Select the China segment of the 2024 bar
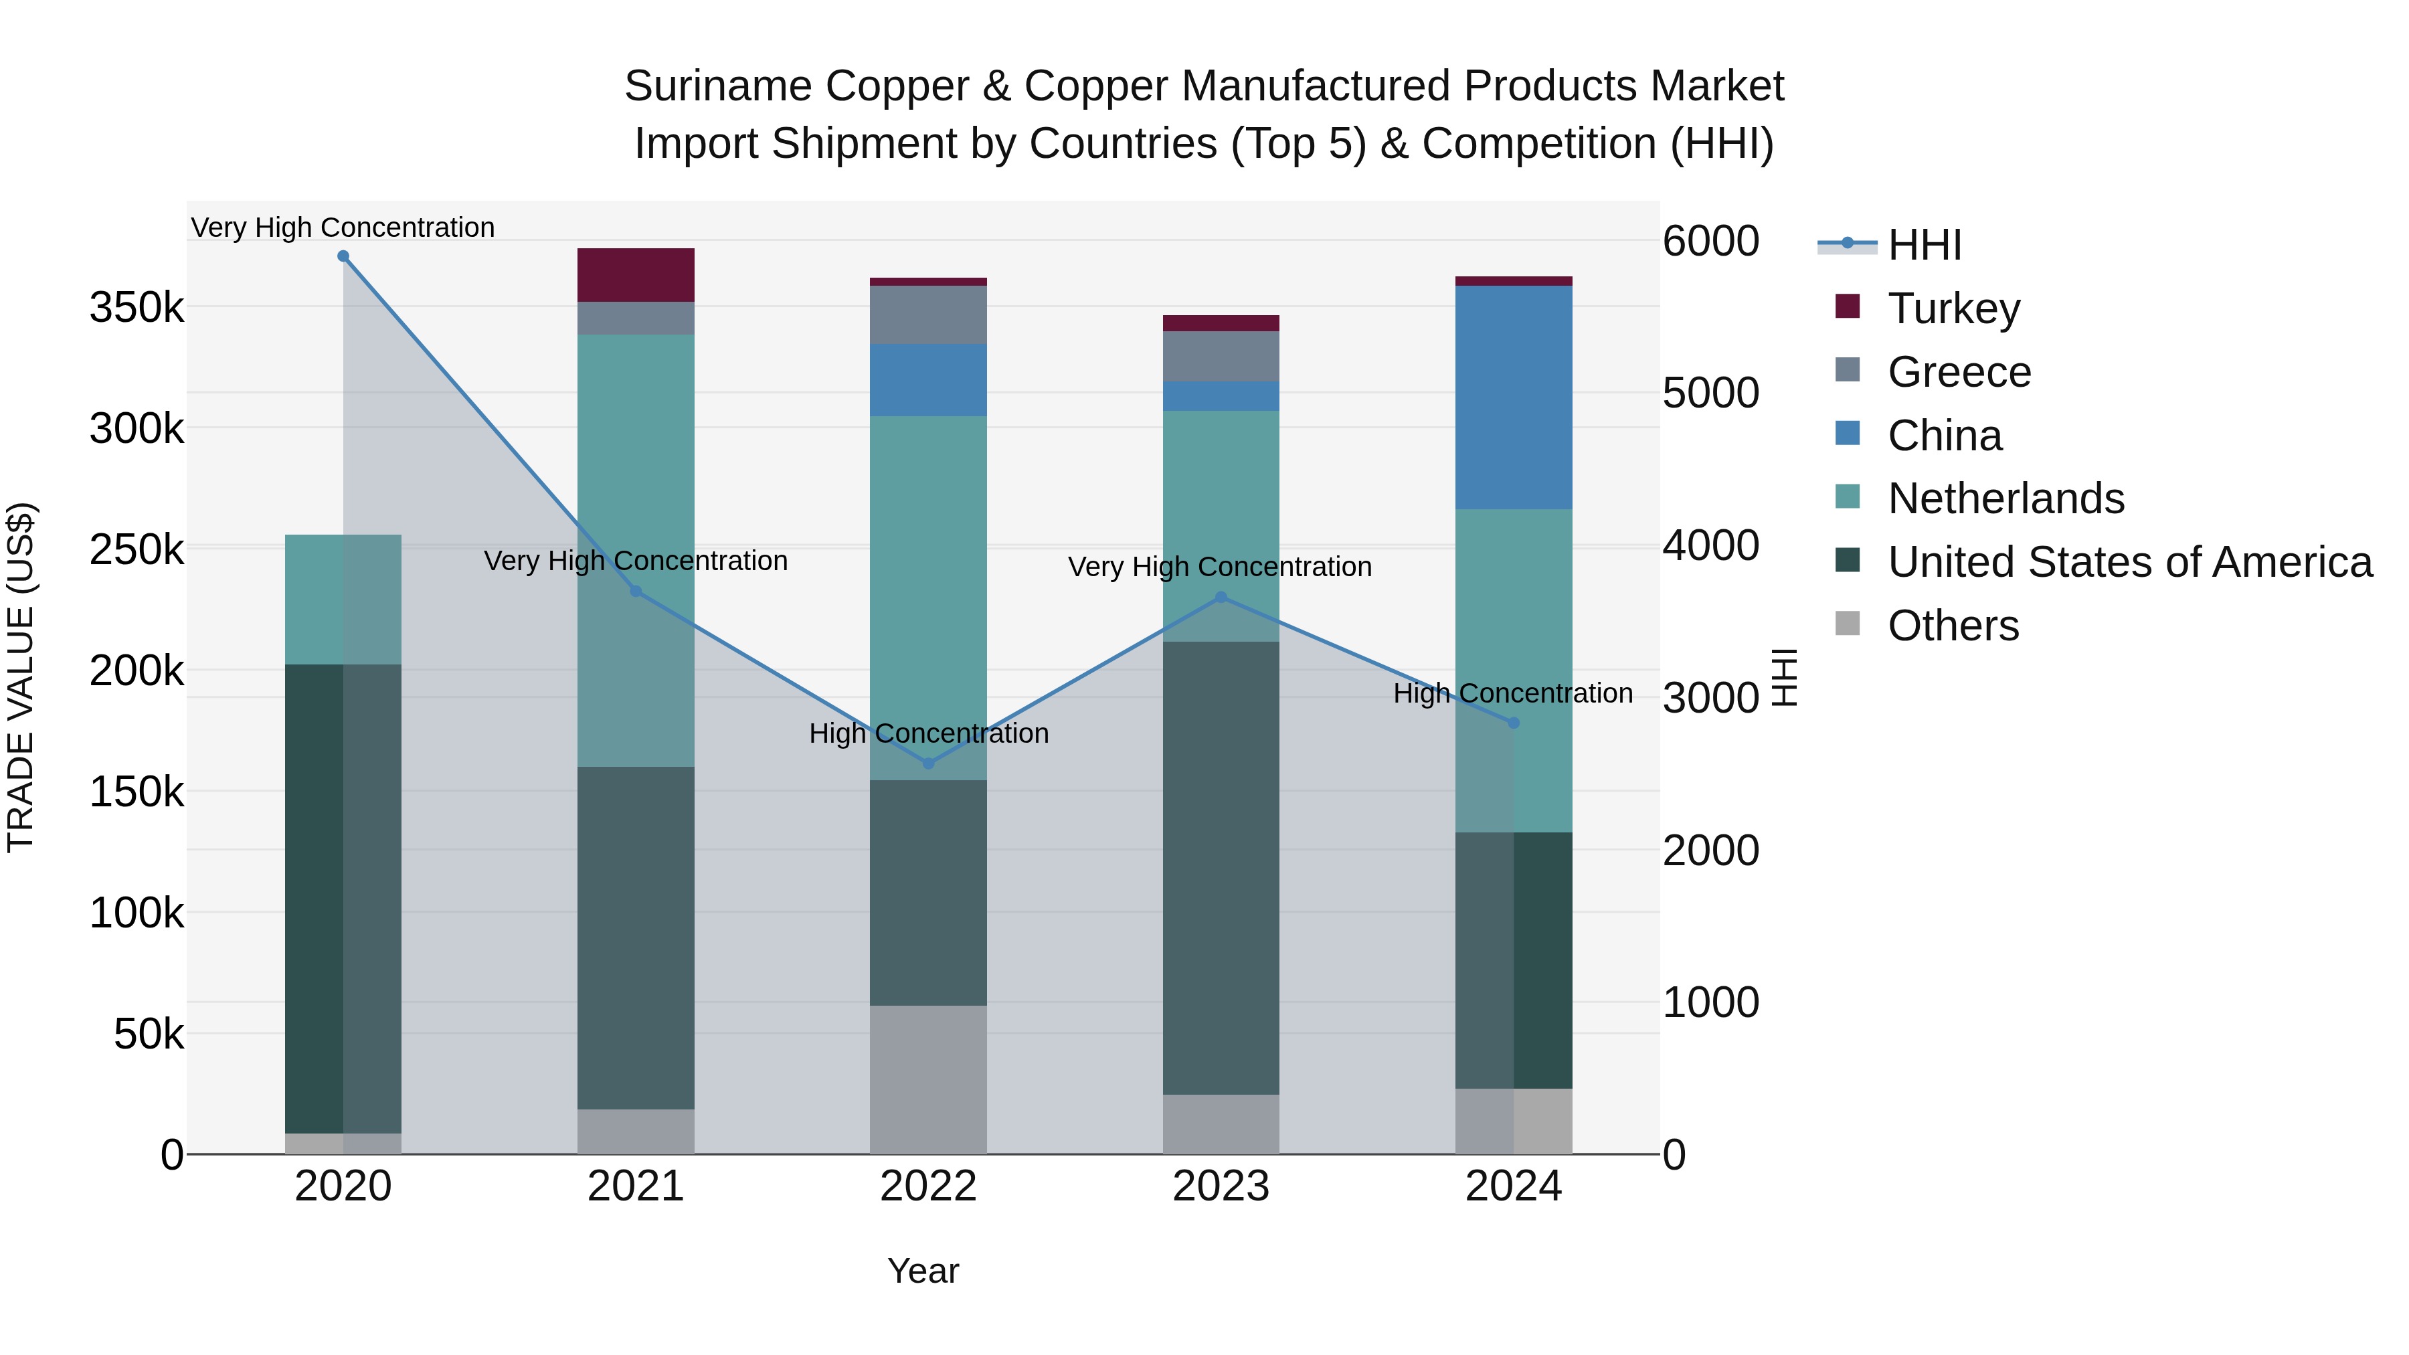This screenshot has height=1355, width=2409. coord(1513,397)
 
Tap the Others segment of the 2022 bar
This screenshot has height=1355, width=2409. coord(927,1079)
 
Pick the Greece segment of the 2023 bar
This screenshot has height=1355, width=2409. coord(1221,355)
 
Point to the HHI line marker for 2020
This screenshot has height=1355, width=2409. coord(343,256)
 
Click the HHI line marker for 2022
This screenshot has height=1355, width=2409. coord(927,763)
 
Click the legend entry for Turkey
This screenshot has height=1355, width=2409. coord(1953,308)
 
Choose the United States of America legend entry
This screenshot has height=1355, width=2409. coord(2129,562)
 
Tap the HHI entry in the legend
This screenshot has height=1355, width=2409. coord(1923,245)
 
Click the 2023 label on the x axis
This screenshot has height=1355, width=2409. coord(1221,1186)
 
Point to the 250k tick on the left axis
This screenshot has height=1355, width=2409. coord(137,550)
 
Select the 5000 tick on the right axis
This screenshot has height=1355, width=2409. coord(1710,393)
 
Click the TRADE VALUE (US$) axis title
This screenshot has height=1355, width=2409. coord(21,677)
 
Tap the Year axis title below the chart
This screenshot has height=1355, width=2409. coord(922,1271)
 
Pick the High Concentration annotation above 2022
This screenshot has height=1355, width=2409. coord(927,733)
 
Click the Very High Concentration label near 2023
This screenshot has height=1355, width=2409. coord(1219,567)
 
